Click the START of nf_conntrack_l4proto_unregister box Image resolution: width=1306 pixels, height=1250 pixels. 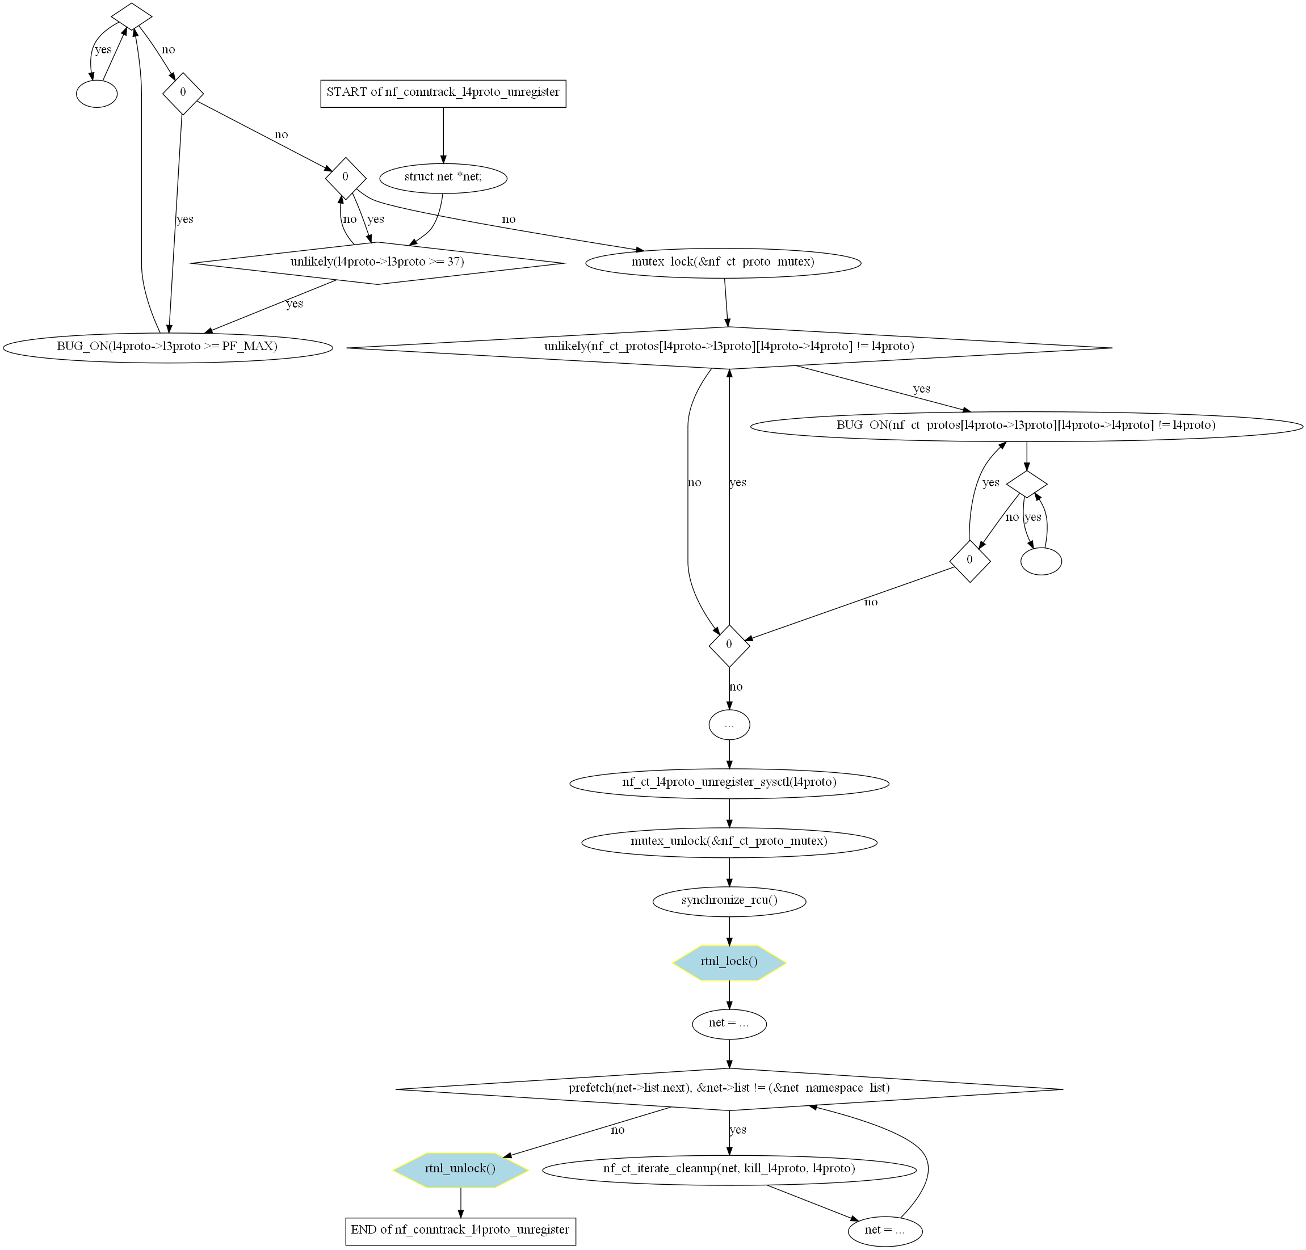coord(443,92)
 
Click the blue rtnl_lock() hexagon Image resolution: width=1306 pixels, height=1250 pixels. coord(730,962)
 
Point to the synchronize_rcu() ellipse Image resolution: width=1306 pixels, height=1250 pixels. coord(730,901)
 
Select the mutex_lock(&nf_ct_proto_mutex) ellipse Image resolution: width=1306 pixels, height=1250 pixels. coord(723,262)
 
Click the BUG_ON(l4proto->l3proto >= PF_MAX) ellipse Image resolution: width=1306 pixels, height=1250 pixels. coord(168,347)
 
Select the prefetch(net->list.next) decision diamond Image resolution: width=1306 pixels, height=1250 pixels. coord(730,1089)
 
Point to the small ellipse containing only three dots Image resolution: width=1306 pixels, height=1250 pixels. coord(730,725)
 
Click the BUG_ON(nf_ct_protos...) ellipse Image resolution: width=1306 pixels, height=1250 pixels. coord(1027,426)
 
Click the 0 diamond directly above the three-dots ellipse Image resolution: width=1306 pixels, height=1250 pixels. coord(730,645)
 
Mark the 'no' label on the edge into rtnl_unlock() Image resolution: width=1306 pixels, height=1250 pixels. coord(618,1130)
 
